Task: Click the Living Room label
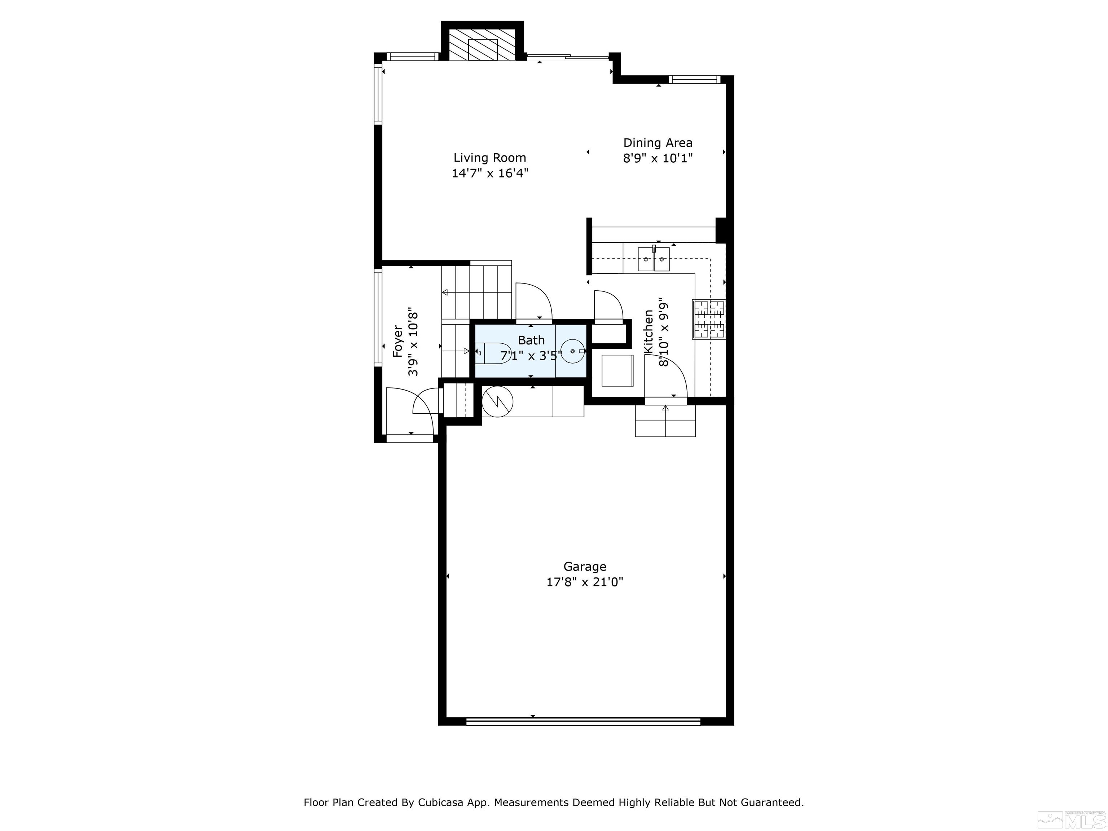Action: [x=489, y=158]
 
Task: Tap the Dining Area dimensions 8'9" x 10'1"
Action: [x=658, y=159]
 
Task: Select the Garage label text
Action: [x=585, y=567]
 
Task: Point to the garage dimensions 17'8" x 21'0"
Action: [x=585, y=582]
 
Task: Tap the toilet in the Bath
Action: [x=493, y=353]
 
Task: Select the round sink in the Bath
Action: [x=572, y=351]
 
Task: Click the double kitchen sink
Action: [x=654, y=259]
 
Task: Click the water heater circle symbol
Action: [x=497, y=401]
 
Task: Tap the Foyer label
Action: [x=398, y=342]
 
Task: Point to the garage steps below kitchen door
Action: [x=665, y=421]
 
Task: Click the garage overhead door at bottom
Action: [x=583, y=721]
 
